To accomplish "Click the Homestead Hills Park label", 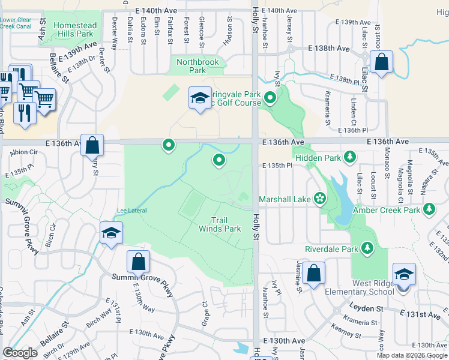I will [x=75, y=29].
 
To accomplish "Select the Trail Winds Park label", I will [x=220, y=224].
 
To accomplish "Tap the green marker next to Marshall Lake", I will [x=320, y=199].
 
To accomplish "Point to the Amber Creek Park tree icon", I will [x=429, y=209].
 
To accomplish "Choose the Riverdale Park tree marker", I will [x=366, y=248].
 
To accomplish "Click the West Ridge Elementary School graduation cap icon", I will [x=404, y=275].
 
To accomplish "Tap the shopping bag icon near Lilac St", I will [x=381, y=62].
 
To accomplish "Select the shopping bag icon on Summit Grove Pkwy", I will [x=138, y=262].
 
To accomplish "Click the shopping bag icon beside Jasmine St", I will [x=313, y=274].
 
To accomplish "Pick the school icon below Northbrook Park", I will [x=200, y=98].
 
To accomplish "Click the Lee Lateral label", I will [x=131, y=211].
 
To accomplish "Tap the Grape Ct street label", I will [x=205, y=308].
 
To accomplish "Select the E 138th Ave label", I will [x=328, y=47].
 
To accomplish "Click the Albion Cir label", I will [x=24, y=152].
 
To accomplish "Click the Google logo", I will [x=20, y=353].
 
